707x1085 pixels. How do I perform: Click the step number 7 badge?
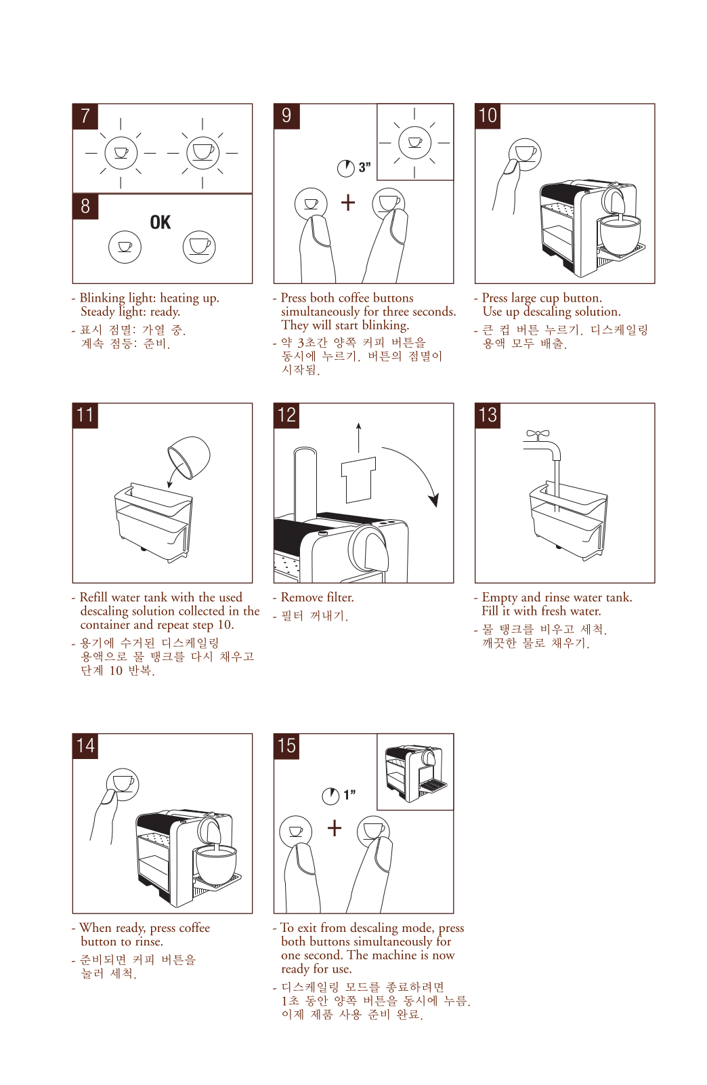(x=85, y=117)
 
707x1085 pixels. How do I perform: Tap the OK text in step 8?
(x=160, y=222)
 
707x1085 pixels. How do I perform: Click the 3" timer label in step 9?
(x=365, y=167)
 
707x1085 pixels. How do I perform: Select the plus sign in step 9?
(x=348, y=203)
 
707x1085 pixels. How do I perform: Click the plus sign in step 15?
(x=335, y=827)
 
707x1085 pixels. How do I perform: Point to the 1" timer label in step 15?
(x=349, y=795)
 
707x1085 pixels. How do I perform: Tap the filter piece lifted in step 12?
(x=359, y=480)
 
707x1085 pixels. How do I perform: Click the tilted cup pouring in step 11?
(x=189, y=457)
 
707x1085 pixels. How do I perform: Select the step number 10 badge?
(x=488, y=117)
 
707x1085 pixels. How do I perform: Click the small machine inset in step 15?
(x=416, y=773)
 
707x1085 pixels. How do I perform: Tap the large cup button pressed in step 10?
(x=525, y=155)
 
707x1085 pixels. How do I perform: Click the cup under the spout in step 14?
(x=215, y=866)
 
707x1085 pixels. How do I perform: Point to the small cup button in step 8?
(x=125, y=247)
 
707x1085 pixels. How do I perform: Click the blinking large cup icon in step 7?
(x=202, y=153)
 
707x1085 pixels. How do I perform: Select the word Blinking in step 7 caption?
(x=102, y=298)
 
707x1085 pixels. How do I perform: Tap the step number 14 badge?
(x=85, y=746)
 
